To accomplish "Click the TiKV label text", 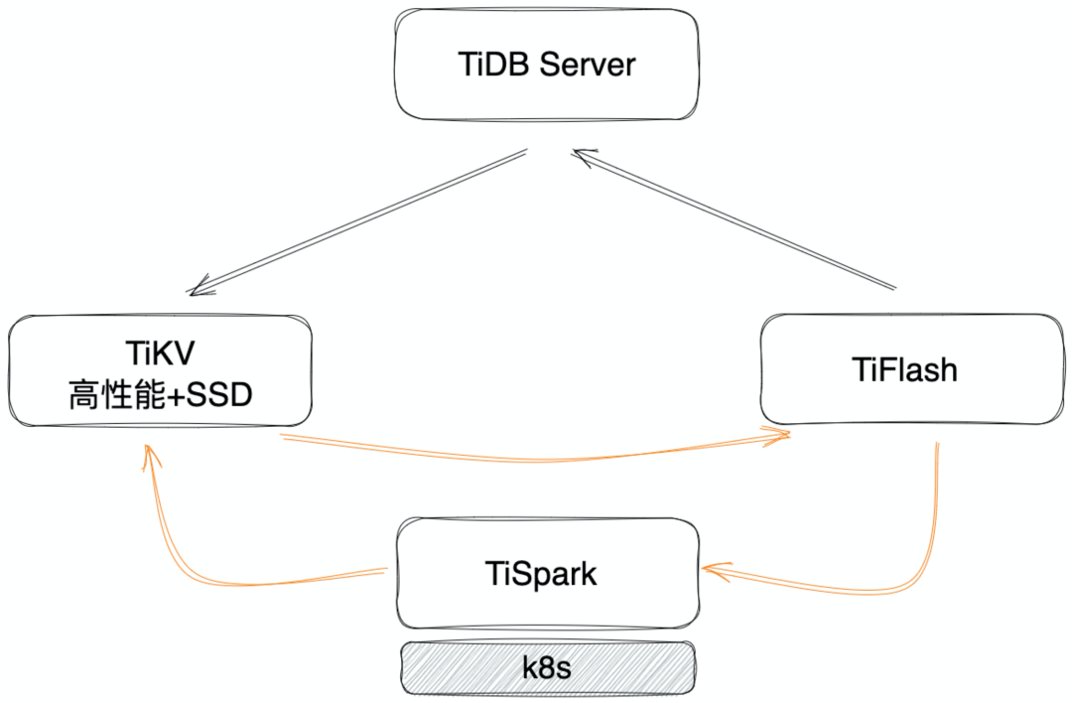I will [x=160, y=353].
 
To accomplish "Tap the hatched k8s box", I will [x=447, y=667].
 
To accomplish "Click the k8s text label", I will [x=547, y=667].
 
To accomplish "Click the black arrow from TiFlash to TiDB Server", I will [x=735, y=220].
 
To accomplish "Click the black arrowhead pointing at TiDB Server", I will [x=581, y=154].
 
